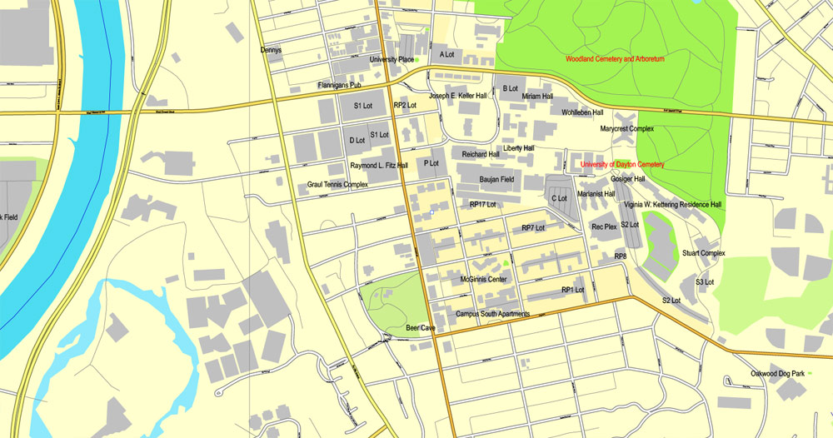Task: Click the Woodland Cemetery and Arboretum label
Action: [x=615, y=60]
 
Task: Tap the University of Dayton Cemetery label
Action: [x=622, y=165]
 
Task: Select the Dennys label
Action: [x=271, y=50]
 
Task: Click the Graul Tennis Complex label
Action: [x=337, y=185]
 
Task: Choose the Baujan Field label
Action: [x=496, y=179]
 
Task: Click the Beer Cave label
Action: [x=421, y=329]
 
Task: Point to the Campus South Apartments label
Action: [x=492, y=315]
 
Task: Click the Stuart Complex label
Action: [x=704, y=253]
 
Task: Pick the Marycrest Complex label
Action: [x=627, y=129]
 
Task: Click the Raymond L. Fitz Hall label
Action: [x=379, y=166]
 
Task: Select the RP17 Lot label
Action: [x=482, y=204]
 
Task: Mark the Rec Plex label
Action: [x=604, y=226]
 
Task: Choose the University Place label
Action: [x=392, y=60]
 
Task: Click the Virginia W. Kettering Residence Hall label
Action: [x=672, y=205]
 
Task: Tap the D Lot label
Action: [x=357, y=140]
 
